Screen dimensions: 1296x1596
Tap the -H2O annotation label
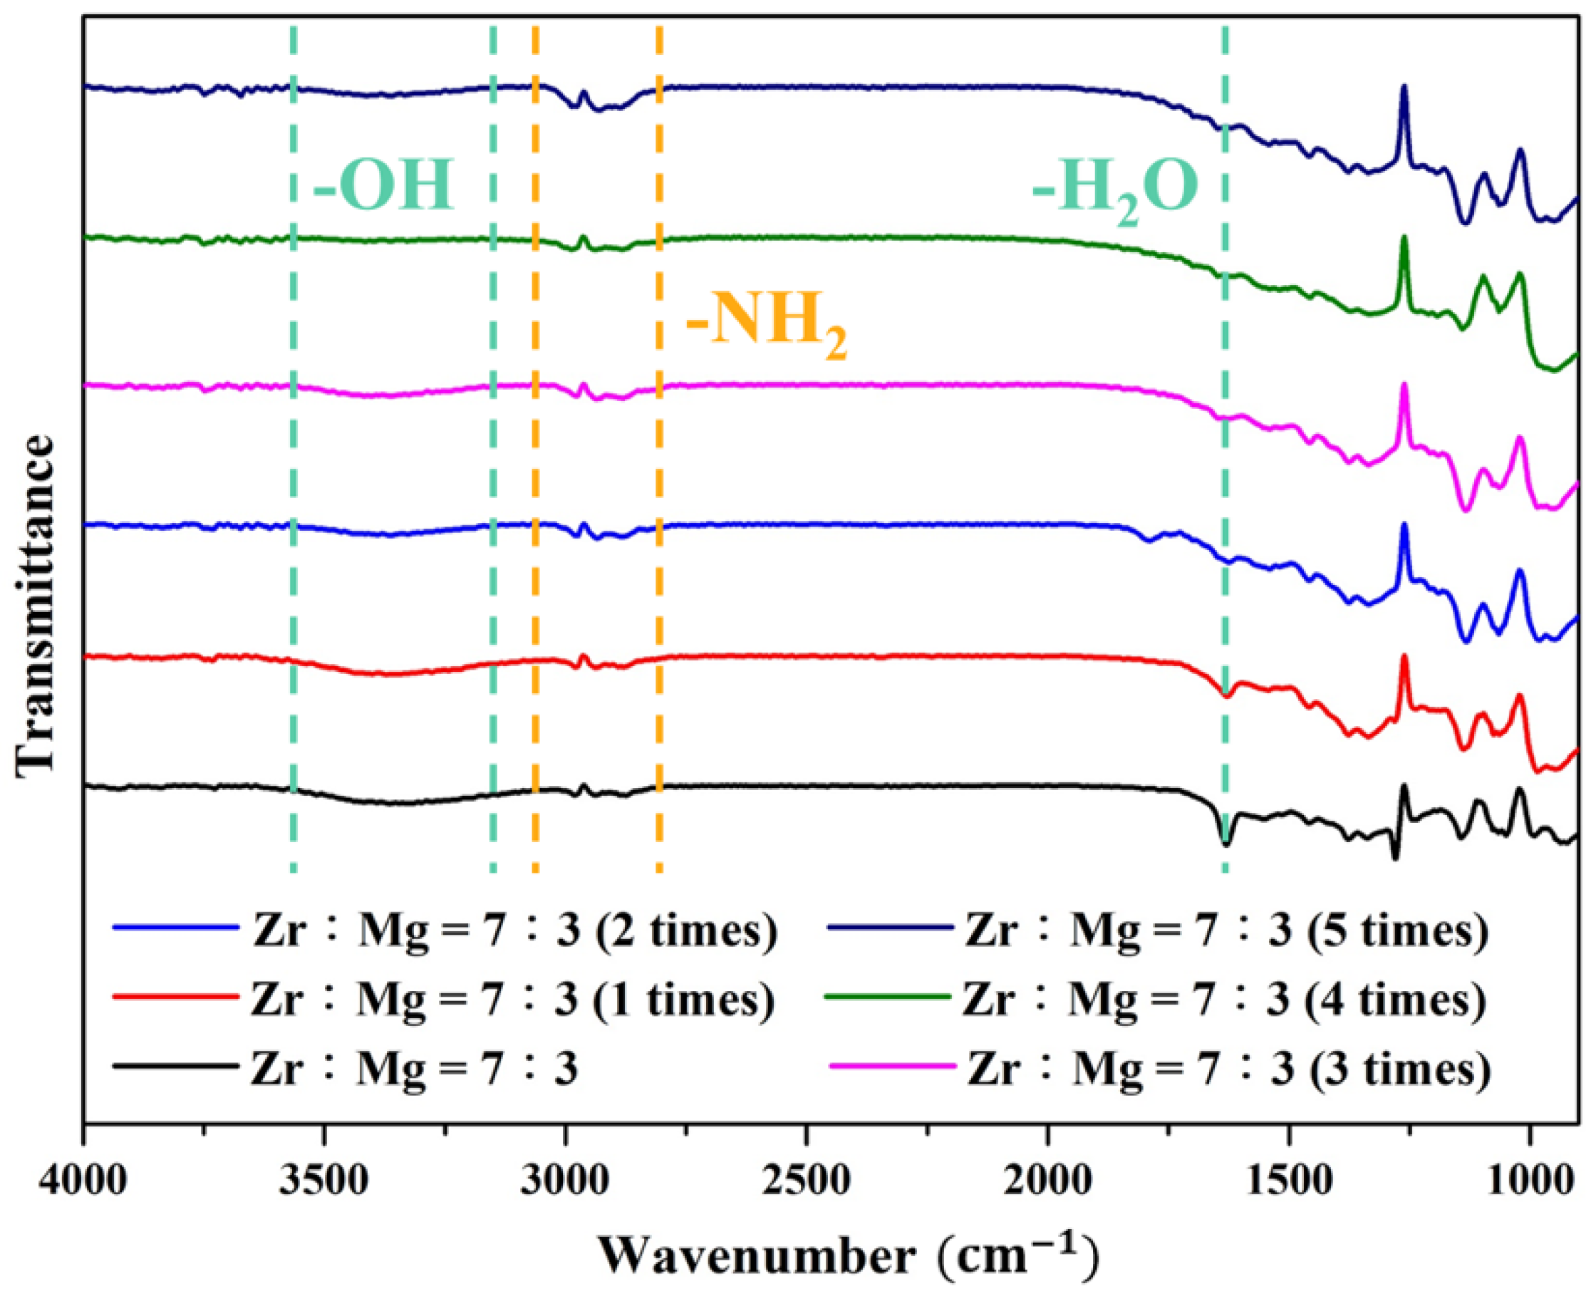[x=1115, y=190]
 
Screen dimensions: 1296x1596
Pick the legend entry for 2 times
[x=515, y=930]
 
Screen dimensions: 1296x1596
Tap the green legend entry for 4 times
[x=1225, y=999]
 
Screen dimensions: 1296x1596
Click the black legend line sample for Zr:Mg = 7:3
[x=175, y=1067]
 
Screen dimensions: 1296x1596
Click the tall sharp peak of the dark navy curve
[x=1404, y=109]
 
